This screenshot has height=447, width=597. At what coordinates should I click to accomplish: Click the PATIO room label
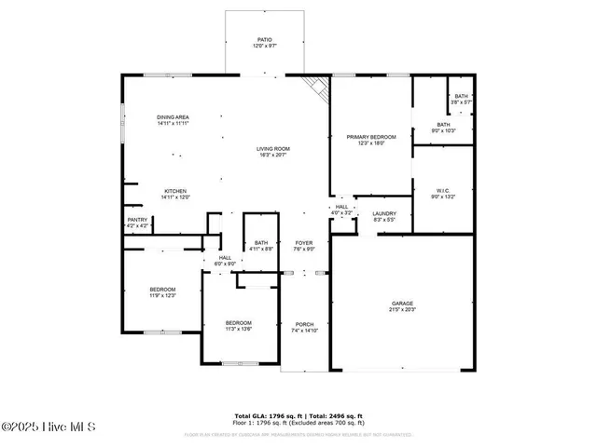click(x=265, y=40)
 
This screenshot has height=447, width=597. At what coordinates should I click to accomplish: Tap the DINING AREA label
click(x=174, y=117)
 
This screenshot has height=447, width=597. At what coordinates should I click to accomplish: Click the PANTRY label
click(x=137, y=220)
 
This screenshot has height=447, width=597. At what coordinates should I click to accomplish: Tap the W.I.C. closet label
click(x=443, y=191)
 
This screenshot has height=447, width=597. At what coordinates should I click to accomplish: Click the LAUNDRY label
click(x=384, y=213)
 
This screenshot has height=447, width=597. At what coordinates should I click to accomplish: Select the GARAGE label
click(x=403, y=304)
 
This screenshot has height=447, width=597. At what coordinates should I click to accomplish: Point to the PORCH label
click(x=305, y=325)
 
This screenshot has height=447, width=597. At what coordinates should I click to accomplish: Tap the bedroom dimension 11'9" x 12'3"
click(x=162, y=296)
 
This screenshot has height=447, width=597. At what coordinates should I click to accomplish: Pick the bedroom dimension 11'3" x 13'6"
click(x=238, y=329)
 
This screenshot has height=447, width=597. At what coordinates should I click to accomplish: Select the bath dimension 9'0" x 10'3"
click(x=443, y=129)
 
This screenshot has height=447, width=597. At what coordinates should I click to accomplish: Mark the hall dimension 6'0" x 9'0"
click(x=225, y=264)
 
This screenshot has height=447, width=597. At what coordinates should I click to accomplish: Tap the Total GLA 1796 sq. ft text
click(x=265, y=415)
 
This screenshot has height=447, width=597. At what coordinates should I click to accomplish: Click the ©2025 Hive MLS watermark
click(x=49, y=427)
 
